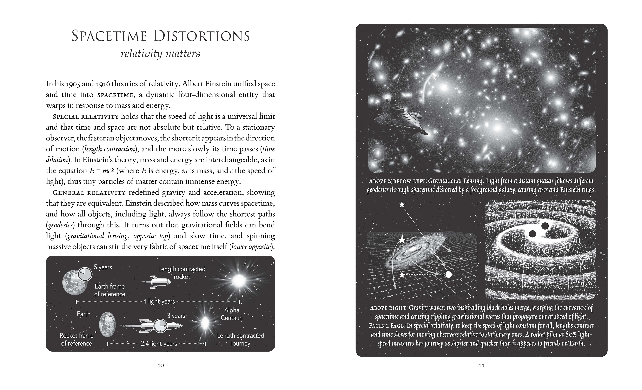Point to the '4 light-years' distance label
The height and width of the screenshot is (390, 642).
tap(159, 302)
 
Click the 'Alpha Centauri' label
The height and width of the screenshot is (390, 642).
tap(232, 314)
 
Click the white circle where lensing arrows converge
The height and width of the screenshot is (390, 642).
tap(448, 274)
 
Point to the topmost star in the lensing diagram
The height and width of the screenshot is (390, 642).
tap(402, 205)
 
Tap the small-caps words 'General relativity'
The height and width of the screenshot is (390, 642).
tap(89, 193)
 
